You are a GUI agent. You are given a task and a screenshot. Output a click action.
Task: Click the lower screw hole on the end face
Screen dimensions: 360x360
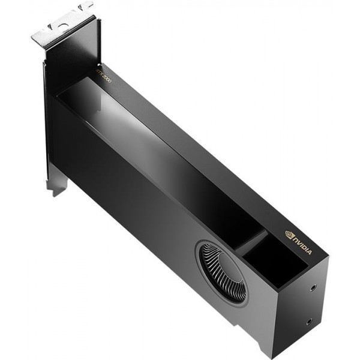(310, 321)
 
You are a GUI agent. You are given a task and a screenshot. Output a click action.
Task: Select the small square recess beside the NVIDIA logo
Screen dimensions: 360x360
(273, 258)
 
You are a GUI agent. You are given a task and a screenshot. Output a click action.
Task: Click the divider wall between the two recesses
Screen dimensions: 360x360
(250, 243)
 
